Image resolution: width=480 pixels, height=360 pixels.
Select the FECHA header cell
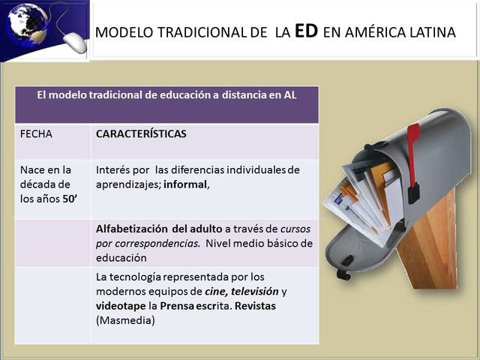tap(37, 134)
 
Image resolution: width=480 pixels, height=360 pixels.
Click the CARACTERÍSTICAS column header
tap(141, 134)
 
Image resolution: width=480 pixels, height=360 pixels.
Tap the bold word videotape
tap(121, 306)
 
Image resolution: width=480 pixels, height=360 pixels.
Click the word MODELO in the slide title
tap(123, 33)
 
